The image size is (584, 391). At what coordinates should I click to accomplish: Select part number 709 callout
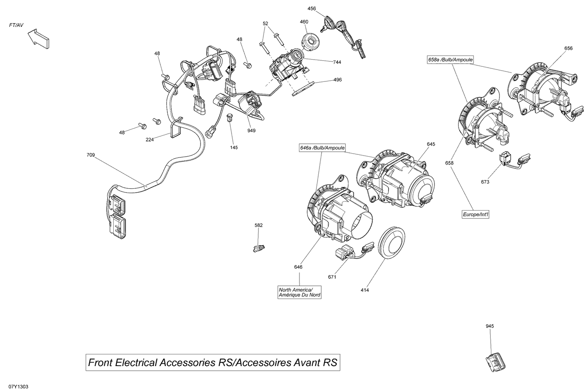(90, 155)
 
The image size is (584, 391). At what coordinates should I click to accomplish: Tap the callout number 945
(489, 326)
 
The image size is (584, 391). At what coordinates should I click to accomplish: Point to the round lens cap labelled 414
(392, 242)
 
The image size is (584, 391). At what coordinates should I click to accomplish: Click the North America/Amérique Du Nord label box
(299, 292)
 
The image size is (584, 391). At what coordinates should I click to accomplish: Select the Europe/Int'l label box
(475, 214)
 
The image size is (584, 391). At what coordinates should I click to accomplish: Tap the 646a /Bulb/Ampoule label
(322, 148)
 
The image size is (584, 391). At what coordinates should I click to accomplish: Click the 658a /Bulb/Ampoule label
(450, 60)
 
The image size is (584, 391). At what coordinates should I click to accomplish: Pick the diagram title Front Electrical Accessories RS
(213, 363)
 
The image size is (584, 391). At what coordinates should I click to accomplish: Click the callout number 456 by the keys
(311, 8)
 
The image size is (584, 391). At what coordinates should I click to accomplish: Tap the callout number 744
(337, 62)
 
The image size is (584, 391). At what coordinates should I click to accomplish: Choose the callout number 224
(150, 139)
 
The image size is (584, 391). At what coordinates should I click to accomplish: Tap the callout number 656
(568, 48)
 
